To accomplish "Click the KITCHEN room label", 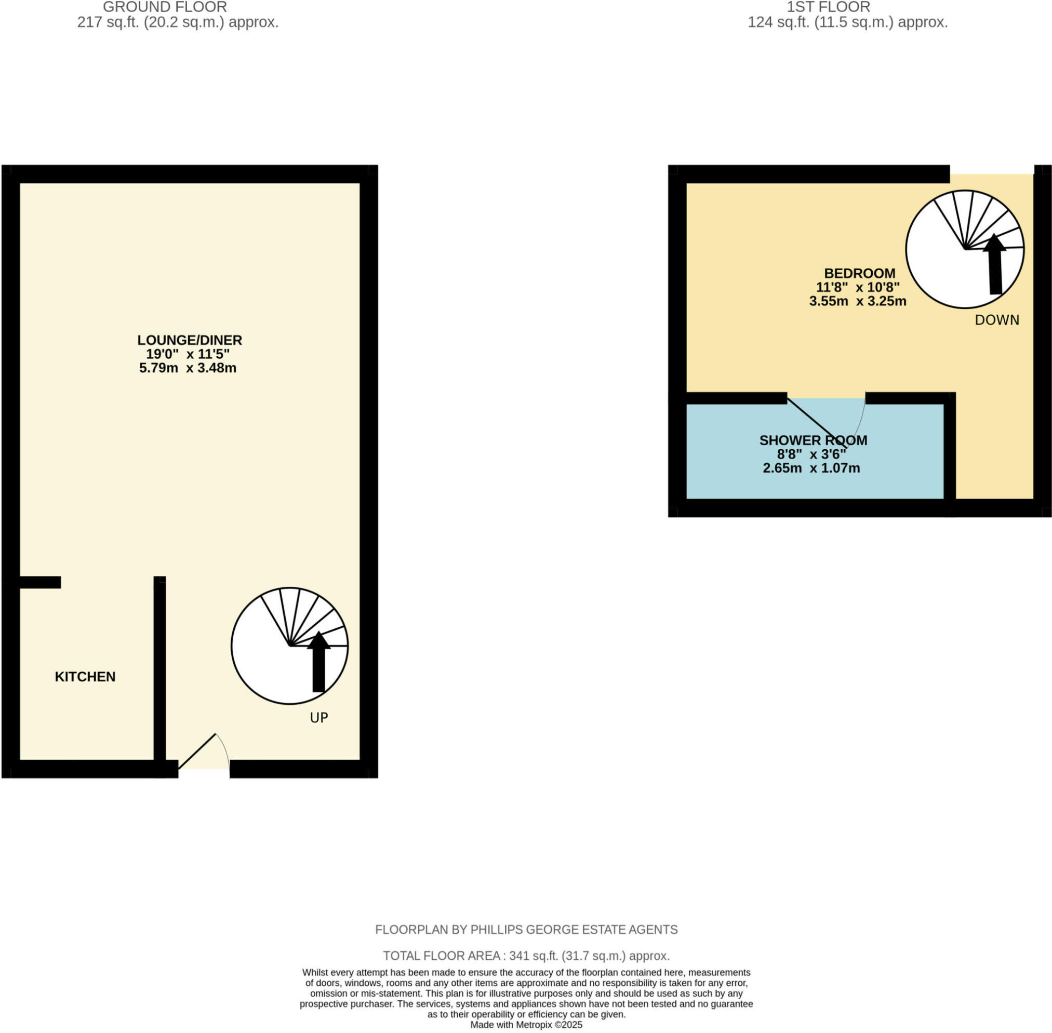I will (85, 677).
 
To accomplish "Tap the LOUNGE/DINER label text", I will (190, 340).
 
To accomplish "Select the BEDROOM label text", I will (859, 273).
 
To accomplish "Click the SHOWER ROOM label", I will (813, 440).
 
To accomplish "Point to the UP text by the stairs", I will (318, 718).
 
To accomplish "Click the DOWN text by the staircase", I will (996, 320).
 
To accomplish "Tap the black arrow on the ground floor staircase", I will (318, 663).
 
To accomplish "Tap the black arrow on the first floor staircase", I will (994, 266).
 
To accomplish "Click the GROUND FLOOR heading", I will (165, 7).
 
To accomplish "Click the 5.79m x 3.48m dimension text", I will (188, 368).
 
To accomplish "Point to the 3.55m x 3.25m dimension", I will (858, 302).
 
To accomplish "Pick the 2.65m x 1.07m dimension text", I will (811, 468).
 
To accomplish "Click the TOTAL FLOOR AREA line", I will (526, 956).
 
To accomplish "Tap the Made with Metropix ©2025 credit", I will (526, 1025).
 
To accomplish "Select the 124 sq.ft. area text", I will (847, 23).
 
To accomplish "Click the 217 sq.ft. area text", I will (178, 23).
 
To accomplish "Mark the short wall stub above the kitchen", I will (39, 582).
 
